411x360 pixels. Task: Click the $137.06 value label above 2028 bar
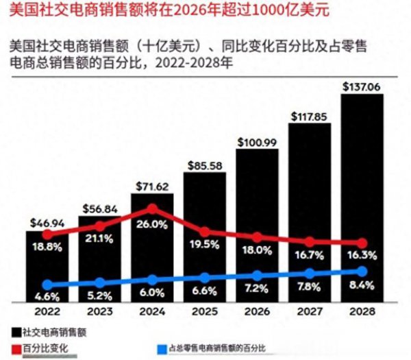click(362, 86)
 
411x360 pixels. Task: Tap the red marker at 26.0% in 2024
click(152, 209)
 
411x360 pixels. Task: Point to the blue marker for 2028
click(362, 272)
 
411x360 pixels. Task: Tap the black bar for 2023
click(99, 261)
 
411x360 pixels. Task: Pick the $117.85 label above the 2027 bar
click(310, 116)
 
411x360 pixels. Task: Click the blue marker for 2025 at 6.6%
click(204, 277)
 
